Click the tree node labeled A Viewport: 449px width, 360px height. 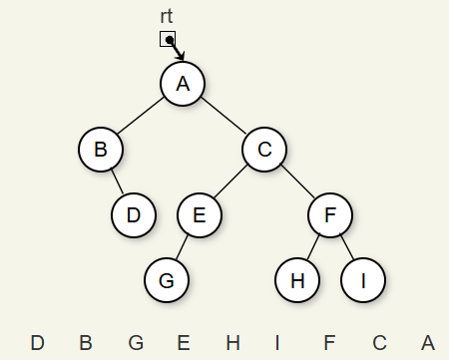click(x=183, y=84)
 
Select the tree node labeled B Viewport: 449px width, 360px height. click(x=101, y=150)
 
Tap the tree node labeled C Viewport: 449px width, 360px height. click(x=264, y=150)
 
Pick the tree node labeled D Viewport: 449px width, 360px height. click(x=134, y=215)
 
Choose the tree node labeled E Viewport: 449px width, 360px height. click(x=200, y=215)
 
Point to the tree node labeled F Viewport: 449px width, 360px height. click(x=330, y=215)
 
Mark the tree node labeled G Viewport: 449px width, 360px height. click(x=167, y=280)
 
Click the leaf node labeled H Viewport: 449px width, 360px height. click(x=297, y=280)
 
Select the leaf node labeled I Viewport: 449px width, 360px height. click(x=363, y=280)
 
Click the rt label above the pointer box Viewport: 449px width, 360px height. click(x=167, y=16)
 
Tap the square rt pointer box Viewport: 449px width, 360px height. click(x=168, y=39)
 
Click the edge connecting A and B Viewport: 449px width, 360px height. click(x=141, y=116)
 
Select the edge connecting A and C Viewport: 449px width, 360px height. click(x=224, y=116)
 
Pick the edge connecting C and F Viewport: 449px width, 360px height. click(x=297, y=181)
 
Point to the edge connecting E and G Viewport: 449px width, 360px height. click(x=182, y=247)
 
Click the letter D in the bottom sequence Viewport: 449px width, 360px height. click(x=37, y=343)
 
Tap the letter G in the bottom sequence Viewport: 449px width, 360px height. click(x=136, y=343)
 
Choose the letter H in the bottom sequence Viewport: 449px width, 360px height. click(x=232, y=343)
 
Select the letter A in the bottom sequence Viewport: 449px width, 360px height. click(x=428, y=343)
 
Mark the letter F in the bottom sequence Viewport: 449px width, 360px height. click(x=329, y=343)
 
